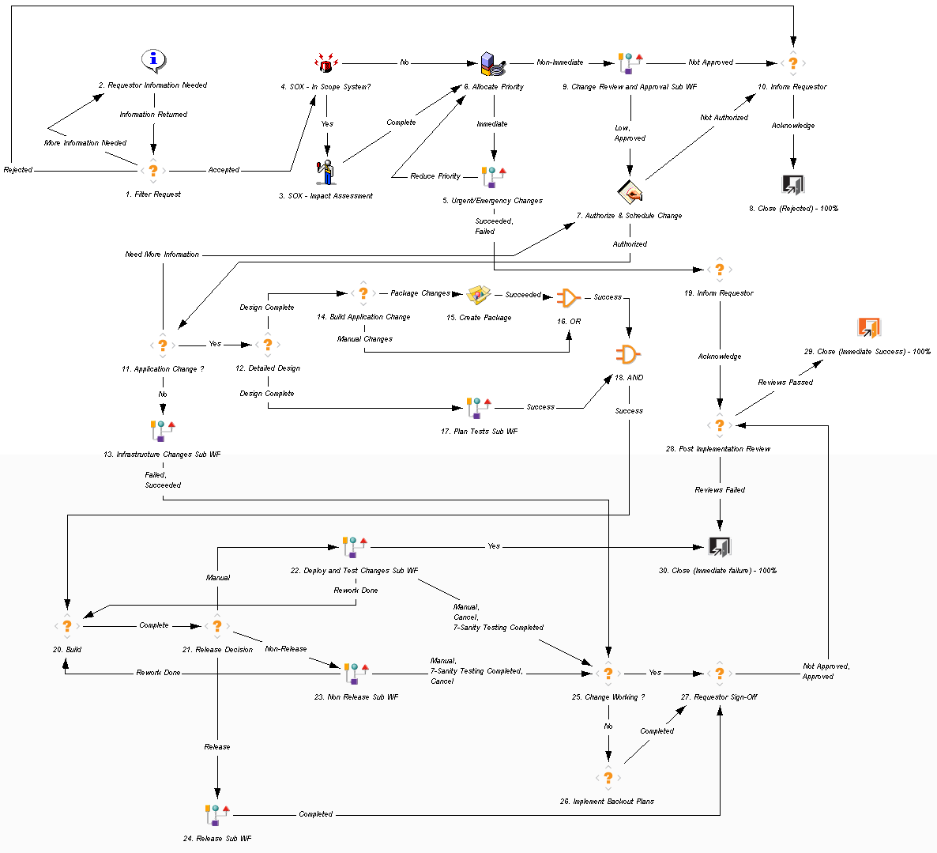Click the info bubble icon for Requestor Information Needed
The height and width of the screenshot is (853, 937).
(x=153, y=60)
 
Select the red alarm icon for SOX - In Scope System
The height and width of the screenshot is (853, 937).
(x=326, y=63)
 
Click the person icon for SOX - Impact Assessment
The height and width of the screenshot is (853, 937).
(x=326, y=172)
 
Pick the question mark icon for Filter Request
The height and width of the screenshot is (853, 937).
(x=153, y=170)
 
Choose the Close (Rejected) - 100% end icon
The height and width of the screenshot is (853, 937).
(x=792, y=185)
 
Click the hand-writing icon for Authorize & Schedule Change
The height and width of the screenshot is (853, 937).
(x=630, y=191)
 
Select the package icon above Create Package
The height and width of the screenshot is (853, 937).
(x=478, y=295)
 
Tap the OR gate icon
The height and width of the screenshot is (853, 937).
(x=568, y=298)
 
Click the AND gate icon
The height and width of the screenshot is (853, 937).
(x=628, y=354)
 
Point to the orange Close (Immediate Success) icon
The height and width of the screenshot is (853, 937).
(x=868, y=327)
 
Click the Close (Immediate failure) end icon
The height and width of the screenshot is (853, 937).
(x=719, y=546)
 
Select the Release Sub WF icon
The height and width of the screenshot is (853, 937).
(x=216, y=814)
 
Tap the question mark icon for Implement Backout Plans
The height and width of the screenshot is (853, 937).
(x=608, y=777)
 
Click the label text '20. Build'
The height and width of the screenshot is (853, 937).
(x=67, y=650)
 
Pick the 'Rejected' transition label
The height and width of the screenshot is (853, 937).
(x=18, y=170)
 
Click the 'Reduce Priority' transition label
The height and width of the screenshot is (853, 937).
(x=435, y=176)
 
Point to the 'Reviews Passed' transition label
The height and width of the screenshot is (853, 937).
(x=785, y=383)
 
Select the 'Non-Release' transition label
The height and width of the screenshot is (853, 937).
(x=286, y=649)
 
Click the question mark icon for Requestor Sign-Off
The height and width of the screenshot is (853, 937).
(x=719, y=674)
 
